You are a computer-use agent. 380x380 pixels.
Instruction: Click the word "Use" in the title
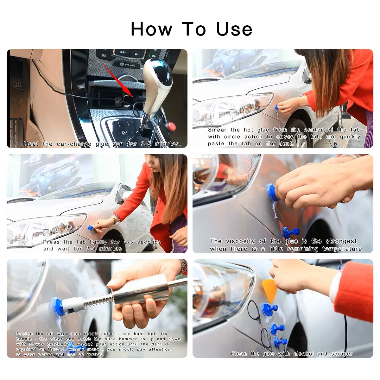234,29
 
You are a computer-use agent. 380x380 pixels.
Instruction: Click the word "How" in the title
151,29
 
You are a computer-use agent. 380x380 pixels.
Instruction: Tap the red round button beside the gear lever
171,126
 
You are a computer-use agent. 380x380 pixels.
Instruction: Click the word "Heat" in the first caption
31,144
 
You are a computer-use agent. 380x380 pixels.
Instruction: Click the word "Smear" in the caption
217,130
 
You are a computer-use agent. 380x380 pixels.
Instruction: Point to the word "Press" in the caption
51,242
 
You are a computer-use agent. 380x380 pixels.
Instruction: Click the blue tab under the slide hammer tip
58,307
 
